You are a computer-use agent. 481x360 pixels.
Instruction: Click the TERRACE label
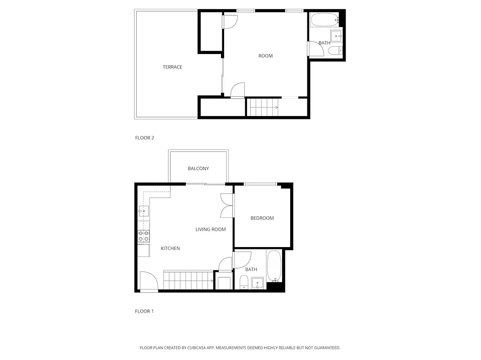172,67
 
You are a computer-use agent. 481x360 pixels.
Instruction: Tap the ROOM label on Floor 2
265,56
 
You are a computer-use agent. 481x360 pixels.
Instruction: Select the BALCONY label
198,169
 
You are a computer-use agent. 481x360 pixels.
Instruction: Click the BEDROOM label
262,218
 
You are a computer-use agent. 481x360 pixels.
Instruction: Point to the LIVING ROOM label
211,229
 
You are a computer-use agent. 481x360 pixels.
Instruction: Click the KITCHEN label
170,248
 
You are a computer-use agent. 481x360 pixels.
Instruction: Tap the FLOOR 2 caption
144,138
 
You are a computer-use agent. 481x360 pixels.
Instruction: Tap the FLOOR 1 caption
144,311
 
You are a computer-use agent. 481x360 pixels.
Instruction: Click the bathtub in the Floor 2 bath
324,20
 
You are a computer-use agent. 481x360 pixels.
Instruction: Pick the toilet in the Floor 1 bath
243,282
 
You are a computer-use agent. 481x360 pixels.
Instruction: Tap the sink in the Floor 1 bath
257,283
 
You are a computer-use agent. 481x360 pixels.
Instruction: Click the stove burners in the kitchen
144,236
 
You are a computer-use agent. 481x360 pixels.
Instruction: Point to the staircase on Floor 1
188,280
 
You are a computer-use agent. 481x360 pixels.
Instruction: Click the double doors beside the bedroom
226,206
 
